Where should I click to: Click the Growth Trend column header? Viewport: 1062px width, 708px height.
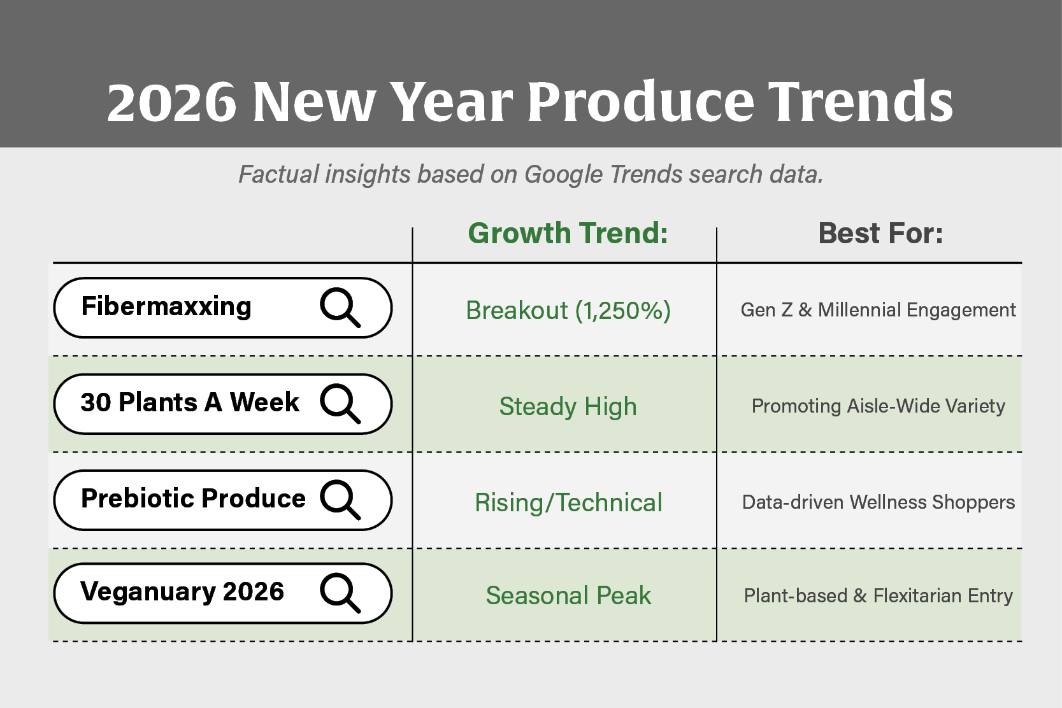pyautogui.click(x=568, y=233)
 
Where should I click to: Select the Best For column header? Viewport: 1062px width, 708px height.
pyautogui.click(x=880, y=233)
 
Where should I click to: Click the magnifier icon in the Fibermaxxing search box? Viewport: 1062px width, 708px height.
pyautogui.click(x=340, y=308)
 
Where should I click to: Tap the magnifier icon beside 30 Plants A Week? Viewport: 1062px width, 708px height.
pyautogui.click(x=340, y=404)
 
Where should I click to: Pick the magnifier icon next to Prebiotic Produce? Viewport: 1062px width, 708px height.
pyautogui.click(x=340, y=500)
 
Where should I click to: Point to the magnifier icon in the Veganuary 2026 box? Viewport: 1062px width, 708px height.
pyautogui.click(x=340, y=593)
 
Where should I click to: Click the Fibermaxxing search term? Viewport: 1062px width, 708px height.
pyautogui.click(x=166, y=307)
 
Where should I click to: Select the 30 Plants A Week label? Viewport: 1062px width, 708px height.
pyautogui.click(x=189, y=402)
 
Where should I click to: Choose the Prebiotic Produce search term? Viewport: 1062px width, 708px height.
pyautogui.click(x=193, y=499)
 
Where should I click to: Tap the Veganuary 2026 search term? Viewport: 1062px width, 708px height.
pyautogui.click(x=182, y=591)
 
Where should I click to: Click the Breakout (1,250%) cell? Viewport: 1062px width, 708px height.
pyautogui.click(x=568, y=311)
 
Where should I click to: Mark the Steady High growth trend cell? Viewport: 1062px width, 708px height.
pyautogui.click(x=568, y=407)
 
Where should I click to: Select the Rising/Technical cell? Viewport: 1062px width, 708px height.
pyautogui.click(x=568, y=503)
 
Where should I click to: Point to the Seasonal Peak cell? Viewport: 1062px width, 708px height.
pyautogui.click(x=568, y=596)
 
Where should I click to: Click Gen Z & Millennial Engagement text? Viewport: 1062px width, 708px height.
pyautogui.click(x=878, y=310)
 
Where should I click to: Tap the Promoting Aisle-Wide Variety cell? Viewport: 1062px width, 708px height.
pyautogui.click(x=878, y=406)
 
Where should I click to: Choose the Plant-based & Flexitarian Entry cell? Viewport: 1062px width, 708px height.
pyautogui.click(x=878, y=596)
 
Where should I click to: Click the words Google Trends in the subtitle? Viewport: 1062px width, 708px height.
pyautogui.click(x=603, y=174)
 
